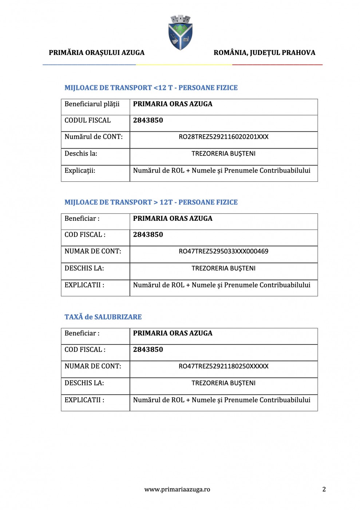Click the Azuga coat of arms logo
(x=180, y=32)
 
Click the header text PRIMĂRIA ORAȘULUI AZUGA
(x=96, y=53)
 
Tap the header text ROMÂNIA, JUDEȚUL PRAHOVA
(x=264, y=53)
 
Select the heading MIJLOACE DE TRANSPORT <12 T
(x=151, y=88)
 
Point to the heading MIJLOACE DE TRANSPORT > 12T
(x=151, y=203)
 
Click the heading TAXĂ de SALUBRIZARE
(x=103, y=317)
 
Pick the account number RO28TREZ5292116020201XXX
(x=223, y=137)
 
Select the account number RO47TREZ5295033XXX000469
(x=223, y=251)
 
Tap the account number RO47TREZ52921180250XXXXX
(x=223, y=366)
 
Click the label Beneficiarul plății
(x=92, y=104)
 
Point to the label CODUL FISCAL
(x=87, y=121)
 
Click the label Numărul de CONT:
(x=94, y=137)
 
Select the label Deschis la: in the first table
(x=81, y=154)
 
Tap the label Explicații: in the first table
(x=80, y=170)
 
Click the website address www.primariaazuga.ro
(x=177, y=490)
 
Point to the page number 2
(x=324, y=489)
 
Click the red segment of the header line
(x=277, y=64)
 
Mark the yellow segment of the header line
(x=184, y=64)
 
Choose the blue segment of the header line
(x=89, y=64)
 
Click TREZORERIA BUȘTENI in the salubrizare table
(x=223, y=383)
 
